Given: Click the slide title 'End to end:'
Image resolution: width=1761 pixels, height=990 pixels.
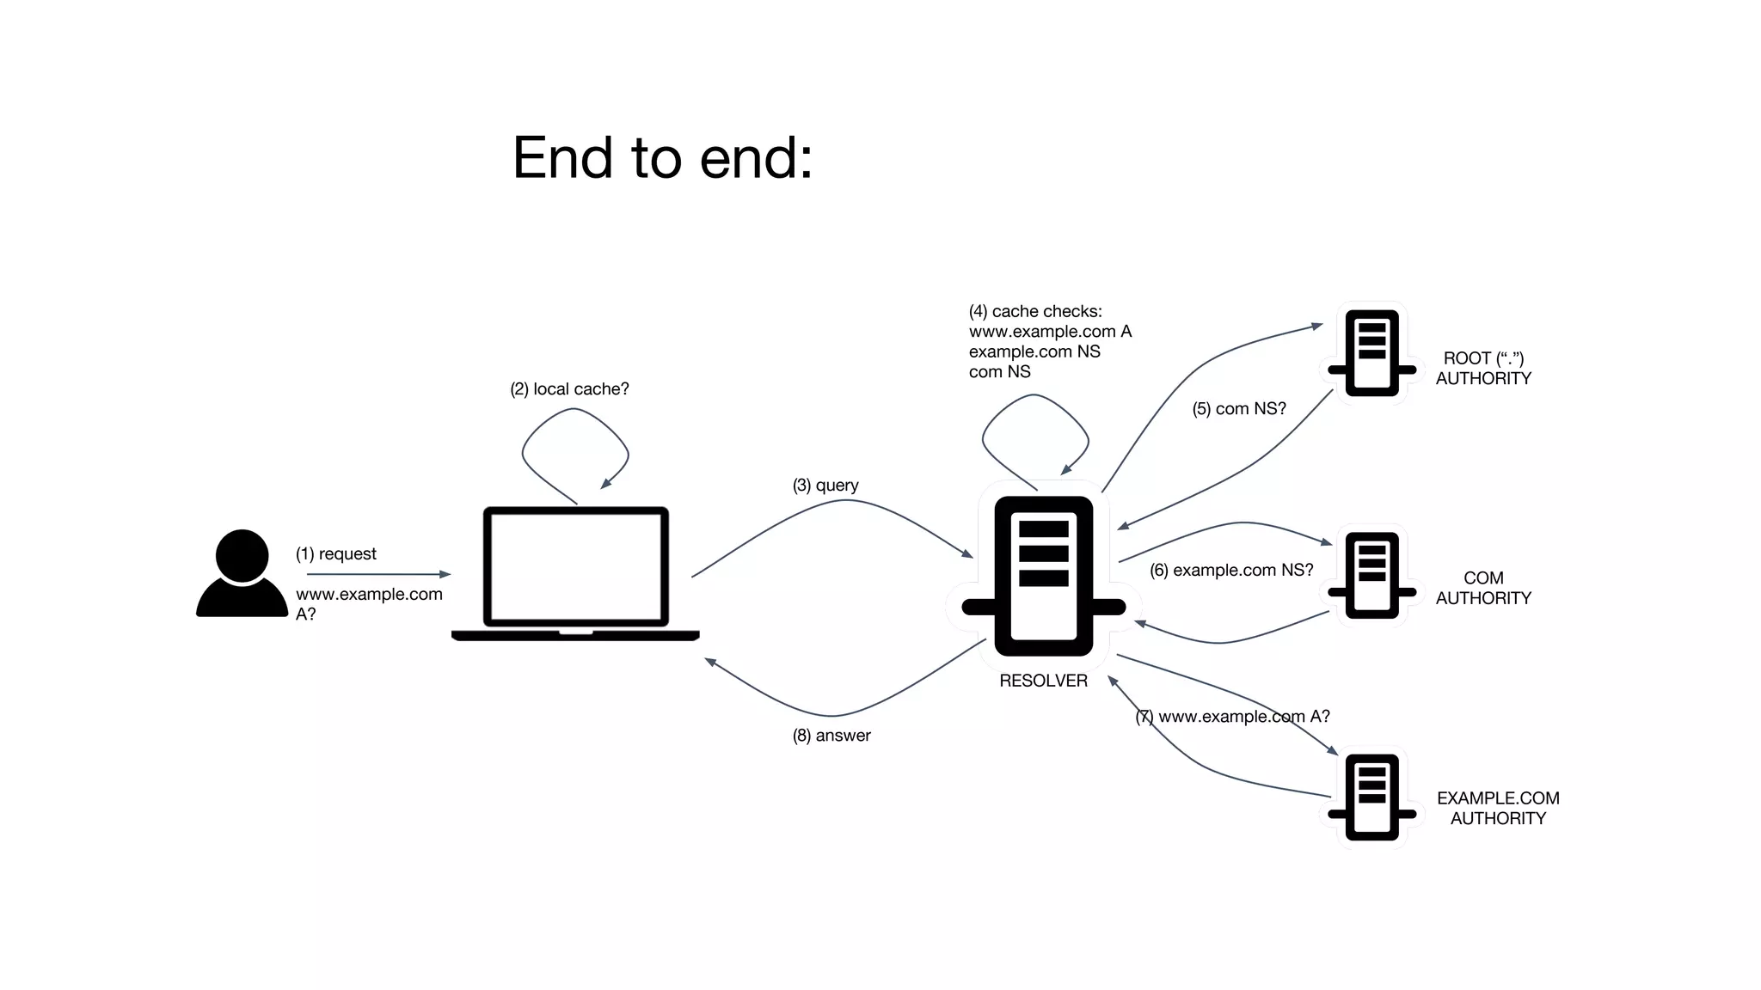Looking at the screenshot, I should (662, 158).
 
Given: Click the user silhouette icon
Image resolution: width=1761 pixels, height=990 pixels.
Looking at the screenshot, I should (242, 574).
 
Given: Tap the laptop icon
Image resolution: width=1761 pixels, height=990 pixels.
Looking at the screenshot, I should (575, 572).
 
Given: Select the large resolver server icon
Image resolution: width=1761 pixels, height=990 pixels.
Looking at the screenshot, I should (1043, 576).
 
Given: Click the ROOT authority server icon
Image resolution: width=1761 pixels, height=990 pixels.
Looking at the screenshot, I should (1371, 352).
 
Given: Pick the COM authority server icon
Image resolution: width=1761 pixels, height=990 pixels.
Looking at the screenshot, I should (1371, 575).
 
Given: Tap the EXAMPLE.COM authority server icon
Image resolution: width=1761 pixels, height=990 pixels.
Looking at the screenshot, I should (1371, 797).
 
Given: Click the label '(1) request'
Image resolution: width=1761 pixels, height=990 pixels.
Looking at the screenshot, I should (336, 553).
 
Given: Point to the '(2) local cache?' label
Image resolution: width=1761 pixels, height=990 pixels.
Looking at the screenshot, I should (569, 389).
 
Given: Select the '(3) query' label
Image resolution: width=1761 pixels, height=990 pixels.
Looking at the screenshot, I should (825, 486).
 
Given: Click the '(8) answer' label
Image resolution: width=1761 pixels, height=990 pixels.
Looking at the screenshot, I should (831, 736).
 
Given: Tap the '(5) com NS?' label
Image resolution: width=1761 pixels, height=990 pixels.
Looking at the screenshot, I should (1239, 409).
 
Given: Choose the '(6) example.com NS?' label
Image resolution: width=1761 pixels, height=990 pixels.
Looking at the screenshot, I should (1231, 571).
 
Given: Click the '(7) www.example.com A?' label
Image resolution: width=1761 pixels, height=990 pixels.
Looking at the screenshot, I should (1232, 717).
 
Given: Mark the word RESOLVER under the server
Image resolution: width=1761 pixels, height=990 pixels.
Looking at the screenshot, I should (1043, 681).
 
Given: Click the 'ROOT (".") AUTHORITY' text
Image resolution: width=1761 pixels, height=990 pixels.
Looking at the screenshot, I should (1483, 368).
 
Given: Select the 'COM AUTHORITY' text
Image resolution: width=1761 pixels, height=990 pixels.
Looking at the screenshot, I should (1483, 588).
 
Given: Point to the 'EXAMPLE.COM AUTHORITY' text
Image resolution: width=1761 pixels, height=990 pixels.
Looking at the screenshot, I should (1498, 808).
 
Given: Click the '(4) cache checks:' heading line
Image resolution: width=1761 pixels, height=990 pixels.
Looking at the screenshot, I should (1035, 311).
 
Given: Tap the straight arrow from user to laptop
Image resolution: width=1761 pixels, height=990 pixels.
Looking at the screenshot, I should (378, 574).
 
